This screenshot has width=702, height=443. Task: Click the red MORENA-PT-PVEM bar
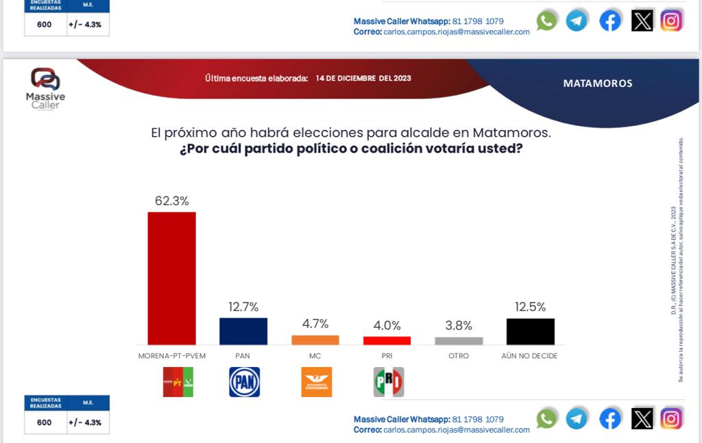[171, 277]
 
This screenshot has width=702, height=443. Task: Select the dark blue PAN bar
[243, 331]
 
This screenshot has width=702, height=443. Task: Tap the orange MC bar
[315, 340]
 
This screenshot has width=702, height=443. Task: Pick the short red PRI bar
[387, 340]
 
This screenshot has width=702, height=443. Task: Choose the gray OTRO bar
[459, 340]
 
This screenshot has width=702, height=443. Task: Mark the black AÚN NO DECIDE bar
[531, 331]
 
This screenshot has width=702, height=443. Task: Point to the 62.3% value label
[171, 201]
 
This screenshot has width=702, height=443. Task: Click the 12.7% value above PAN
[243, 307]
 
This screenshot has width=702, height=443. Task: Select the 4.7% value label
[315, 324]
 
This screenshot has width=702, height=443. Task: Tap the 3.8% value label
[459, 326]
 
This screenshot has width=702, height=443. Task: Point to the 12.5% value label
[531, 307]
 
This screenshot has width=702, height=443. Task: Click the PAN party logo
[244, 382]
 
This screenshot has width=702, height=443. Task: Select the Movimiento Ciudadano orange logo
[316, 382]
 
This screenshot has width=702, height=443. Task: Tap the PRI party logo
[388, 382]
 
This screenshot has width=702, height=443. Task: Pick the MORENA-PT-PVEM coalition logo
[178, 382]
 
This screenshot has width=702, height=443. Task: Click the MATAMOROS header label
[598, 84]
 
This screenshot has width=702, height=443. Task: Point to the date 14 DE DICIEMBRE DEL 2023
[363, 78]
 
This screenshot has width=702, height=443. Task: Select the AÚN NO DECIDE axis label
[530, 356]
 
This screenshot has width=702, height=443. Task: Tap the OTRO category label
[459, 356]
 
